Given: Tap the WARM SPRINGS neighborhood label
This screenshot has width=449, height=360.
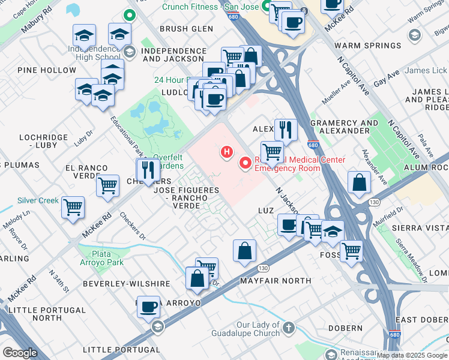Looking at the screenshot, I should pyautogui.click(x=367, y=46).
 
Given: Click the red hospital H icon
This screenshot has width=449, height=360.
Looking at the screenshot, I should pyautogui.click(x=227, y=152).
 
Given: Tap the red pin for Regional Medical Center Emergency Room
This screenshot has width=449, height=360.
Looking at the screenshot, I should pyautogui.click(x=245, y=162).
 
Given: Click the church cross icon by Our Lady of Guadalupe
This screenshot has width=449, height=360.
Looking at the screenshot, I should pyautogui.click(x=289, y=328).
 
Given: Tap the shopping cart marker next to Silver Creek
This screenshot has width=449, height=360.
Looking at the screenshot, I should pyautogui.click(x=73, y=207).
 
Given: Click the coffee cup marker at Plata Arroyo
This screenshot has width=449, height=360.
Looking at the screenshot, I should pyautogui.click(x=149, y=307).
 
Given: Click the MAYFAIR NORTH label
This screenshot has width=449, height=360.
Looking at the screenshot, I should pyautogui.click(x=276, y=280).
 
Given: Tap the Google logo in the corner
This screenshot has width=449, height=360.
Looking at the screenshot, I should pyautogui.click(x=20, y=352).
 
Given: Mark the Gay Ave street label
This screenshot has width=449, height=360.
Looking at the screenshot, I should pyautogui.click(x=386, y=81).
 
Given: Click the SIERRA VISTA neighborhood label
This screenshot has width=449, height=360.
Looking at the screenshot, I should pyautogui.click(x=420, y=229).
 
